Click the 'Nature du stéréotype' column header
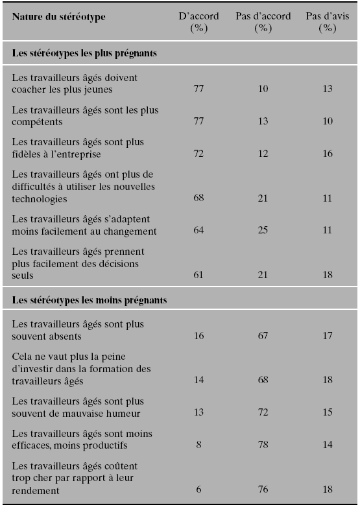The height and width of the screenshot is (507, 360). click(x=58, y=17)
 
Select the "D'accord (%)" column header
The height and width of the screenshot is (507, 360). click(x=198, y=22)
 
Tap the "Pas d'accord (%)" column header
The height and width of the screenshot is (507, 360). click(x=263, y=22)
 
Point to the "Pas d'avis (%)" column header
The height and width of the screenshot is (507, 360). click(x=328, y=22)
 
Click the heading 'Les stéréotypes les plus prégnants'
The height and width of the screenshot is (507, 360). click(x=84, y=53)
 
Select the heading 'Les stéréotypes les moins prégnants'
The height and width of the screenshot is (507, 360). click(x=90, y=300)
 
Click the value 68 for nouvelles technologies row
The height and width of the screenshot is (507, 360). click(x=198, y=198)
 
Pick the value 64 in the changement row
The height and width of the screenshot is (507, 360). click(x=198, y=230)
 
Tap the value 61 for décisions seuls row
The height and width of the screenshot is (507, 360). click(x=198, y=275)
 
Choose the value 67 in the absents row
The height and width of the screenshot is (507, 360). click(x=263, y=336)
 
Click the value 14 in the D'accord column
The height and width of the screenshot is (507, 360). click(x=198, y=380)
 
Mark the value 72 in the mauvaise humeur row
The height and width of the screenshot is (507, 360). click(x=263, y=412)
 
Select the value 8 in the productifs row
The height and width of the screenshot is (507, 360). click(x=198, y=445)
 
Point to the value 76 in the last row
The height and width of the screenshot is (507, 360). click(x=263, y=489)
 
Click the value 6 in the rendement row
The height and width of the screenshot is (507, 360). click(x=198, y=489)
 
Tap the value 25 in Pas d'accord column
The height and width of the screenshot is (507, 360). click(x=263, y=230)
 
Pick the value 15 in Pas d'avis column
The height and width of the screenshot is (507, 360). click(x=328, y=412)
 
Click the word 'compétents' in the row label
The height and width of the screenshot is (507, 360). click(x=37, y=123)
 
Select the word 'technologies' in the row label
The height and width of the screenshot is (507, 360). click(x=40, y=199)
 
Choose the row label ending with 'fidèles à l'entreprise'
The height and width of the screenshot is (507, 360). click(x=78, y=148)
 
